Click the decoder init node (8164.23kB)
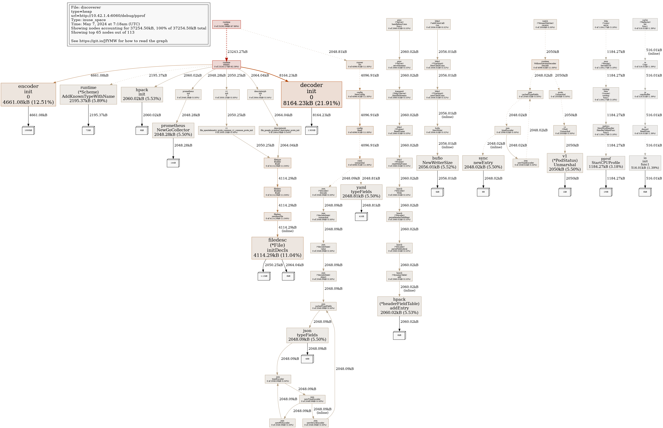[311, 94]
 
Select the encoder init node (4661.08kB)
[28, 94]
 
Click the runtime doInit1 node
[226, 65]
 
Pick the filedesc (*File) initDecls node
[277, 248]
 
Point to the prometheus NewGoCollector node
[173, 130]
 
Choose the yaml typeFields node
[361, 192]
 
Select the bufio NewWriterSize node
[437, 163]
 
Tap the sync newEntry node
[483, 163]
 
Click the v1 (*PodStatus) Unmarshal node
[565, 163]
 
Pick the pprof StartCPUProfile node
[606, 163]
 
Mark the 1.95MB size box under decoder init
[311, 130]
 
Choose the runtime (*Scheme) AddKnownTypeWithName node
[88, 94]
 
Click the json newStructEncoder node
[315, 423]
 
